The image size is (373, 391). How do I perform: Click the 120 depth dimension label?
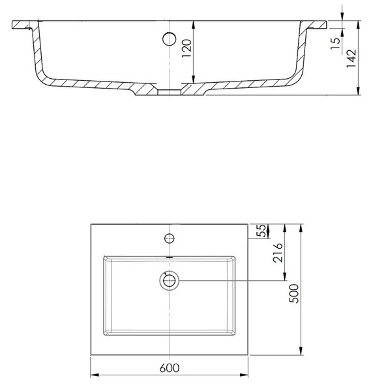point(186,48)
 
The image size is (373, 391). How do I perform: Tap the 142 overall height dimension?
point(351,58)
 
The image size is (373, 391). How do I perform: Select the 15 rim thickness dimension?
point(336,44)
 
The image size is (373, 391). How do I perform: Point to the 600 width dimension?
point(170,368)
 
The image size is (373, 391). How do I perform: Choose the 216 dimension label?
point(278,253)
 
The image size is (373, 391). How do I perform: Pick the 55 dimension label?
point(261,231)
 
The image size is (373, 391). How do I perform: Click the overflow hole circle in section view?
point(169,39)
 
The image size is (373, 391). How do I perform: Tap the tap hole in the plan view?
point(170,239)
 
